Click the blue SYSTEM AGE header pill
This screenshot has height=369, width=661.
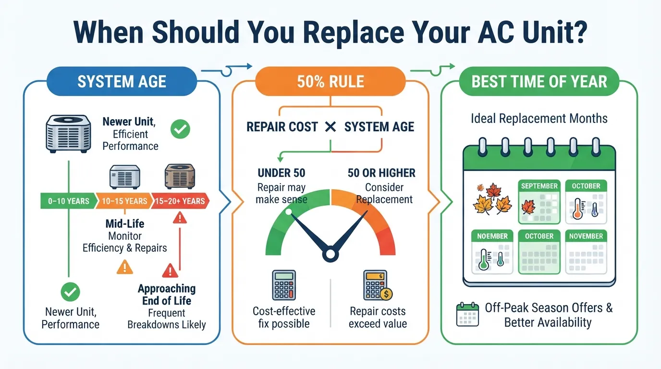coord(122,81)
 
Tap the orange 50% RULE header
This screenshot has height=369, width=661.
coord(330,81)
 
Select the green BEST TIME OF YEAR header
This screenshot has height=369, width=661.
coord(539,81)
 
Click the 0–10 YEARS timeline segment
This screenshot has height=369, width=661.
coord(69,201)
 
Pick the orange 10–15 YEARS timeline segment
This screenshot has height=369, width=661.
coord(124,201)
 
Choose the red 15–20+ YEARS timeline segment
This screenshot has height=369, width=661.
coord(180,201)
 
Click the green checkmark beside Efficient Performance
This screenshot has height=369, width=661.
coord(180,129)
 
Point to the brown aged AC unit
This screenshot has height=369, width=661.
coord(180,176)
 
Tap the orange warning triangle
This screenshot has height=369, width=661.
coord(124,267)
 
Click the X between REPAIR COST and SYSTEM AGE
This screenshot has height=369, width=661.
coord(330,127)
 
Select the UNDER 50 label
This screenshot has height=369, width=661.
coord(282,173)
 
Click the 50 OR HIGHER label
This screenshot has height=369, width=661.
coord(381,173)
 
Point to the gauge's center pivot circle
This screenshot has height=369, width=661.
coord(330,254)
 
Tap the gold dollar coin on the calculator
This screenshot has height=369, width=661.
coord(386,294)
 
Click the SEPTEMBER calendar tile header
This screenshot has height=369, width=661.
coord(539,185)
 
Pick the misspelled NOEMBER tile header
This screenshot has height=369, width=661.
coord(492,236)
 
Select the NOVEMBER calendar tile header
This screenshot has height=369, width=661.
coord(586,236)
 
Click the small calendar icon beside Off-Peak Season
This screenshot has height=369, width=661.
coord(467,314)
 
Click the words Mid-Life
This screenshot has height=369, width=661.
coord(125,224)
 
